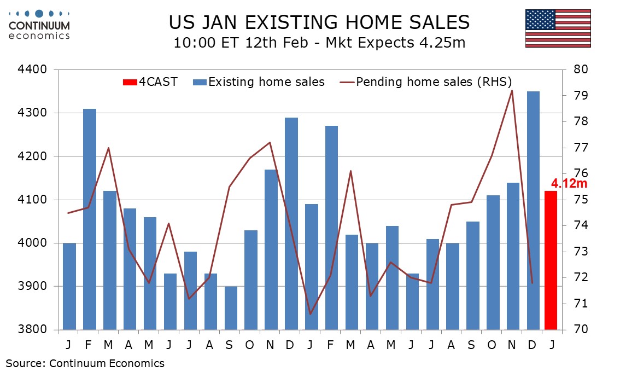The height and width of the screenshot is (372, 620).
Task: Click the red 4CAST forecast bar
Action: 551,260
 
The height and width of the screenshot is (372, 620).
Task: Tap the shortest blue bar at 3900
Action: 231,308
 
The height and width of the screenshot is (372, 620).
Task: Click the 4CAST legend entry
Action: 150,83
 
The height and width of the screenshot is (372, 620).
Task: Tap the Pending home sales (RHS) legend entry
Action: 426,83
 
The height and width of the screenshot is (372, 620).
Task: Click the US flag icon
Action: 558,28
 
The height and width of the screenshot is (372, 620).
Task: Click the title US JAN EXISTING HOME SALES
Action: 319,22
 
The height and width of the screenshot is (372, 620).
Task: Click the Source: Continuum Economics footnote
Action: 85,363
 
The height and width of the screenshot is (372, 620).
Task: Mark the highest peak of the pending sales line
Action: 512,90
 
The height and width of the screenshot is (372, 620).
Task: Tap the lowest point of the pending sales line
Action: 311,314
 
